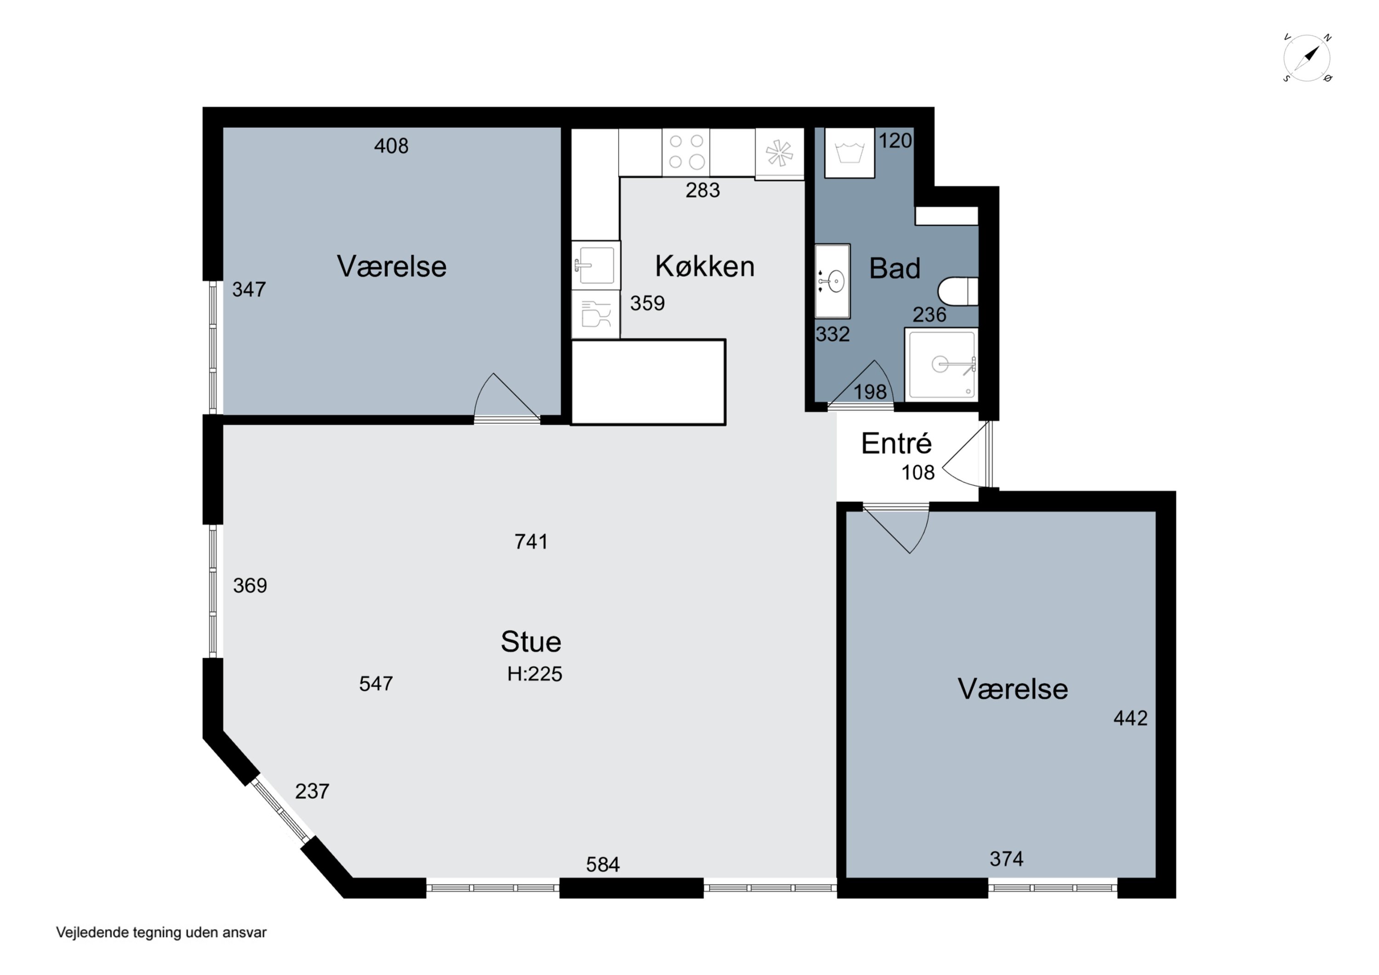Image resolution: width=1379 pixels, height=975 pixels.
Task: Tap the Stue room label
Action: (531, 642)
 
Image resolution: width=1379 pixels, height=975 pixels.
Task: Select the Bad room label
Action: (895, 268)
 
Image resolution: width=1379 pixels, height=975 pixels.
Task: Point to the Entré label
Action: (896, 443)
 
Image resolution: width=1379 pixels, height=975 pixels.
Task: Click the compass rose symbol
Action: (1307, 58)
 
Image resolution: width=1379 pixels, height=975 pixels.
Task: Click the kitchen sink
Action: (595, 265)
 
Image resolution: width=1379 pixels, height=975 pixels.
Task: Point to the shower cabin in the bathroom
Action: (941, 365)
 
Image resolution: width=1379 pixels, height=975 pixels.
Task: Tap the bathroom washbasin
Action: (832, 280)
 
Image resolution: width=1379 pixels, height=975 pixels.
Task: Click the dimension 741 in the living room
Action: (531, 542)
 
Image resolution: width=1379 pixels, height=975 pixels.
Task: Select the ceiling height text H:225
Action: (535, 674)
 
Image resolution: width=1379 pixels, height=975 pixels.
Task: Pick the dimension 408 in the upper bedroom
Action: (391, 146)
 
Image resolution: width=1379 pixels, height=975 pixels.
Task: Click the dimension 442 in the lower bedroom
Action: (1130, 718)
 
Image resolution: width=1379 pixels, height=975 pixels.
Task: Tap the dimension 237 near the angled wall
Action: (312, 791)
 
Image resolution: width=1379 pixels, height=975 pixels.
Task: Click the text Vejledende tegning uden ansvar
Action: (161, 932)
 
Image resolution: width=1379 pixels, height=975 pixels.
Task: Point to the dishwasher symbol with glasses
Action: (595, 314)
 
